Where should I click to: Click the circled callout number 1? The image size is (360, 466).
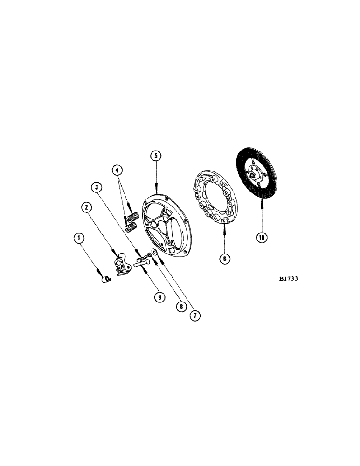tap(80, 240)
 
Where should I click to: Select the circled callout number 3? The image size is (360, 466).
tap(97, 188)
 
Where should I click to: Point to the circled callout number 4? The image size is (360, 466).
tap(118, 171)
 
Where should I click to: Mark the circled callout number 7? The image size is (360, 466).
tap(195, 315)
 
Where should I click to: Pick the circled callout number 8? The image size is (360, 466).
tap(180, 306)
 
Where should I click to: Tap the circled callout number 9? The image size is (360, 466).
tap(160, 296)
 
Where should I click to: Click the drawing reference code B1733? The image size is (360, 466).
tap(289, 279)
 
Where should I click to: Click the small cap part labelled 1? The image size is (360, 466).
tap(105, 279)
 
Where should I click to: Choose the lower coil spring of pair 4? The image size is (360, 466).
tap(131, 227)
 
